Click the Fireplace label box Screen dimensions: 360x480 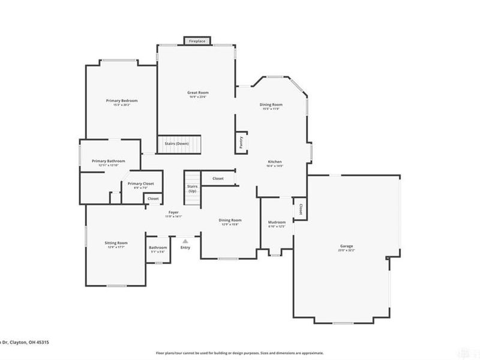(x=196, y=41)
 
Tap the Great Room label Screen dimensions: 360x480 (x=197, y=92)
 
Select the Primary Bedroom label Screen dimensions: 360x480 (x=122, y=101)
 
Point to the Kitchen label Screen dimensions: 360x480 (x=275, y=162)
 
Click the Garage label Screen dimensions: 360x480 (x=346, y=247)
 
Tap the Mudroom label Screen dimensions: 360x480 (x=277, y=223)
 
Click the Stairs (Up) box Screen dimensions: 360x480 (x=193, y=188)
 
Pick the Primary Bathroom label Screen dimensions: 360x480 (x=108, y=161)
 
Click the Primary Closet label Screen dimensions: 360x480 (x=140, y=184)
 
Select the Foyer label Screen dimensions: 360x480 (x=173, y=213)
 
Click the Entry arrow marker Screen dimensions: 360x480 (x=185, y=240)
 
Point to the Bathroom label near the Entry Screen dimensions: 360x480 (x=158, y=248)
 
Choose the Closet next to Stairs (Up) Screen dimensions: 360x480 (x=218, y=178)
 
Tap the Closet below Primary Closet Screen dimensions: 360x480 (x=153, y=199)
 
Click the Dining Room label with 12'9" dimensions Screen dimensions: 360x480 (x=230, y=221)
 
